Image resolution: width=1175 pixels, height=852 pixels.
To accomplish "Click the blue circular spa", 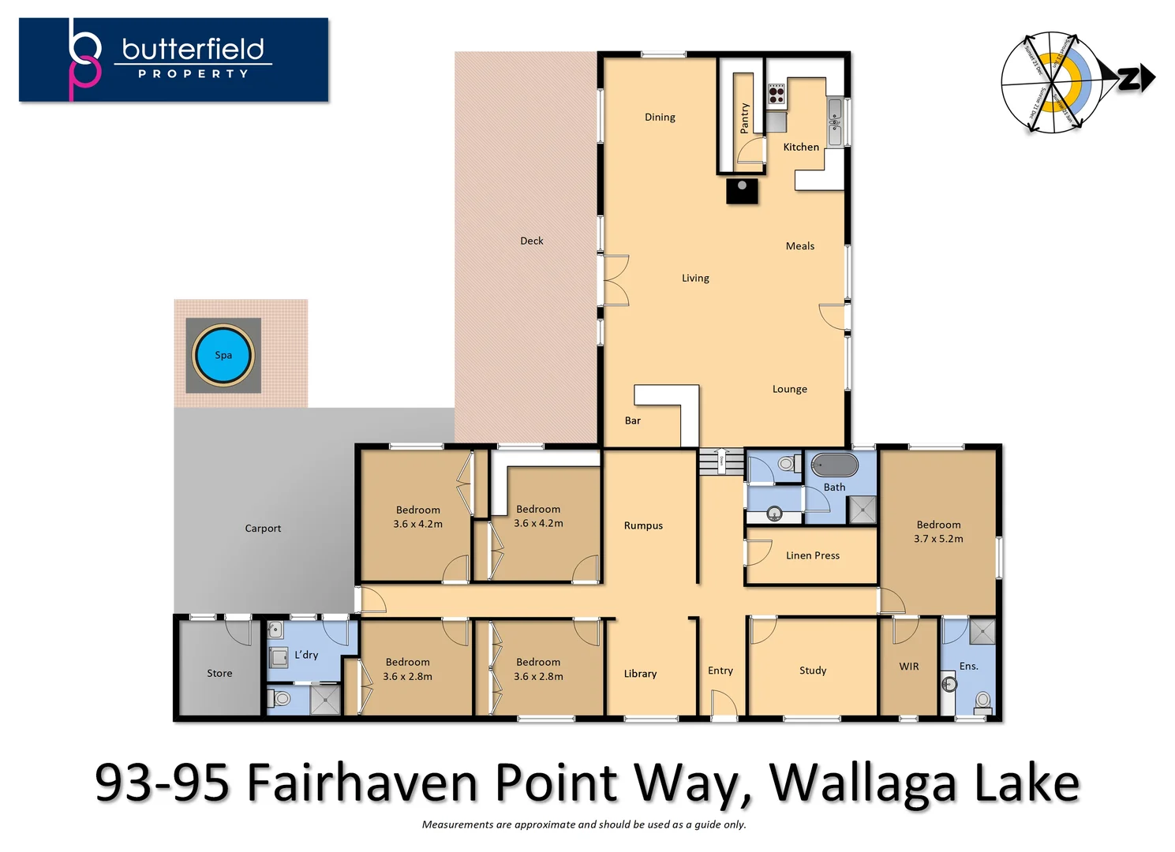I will (x=223, y=355).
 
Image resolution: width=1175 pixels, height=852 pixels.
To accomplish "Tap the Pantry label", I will (x=744, y=118).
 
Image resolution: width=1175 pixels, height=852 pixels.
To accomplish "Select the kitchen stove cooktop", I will (x=776, y=95).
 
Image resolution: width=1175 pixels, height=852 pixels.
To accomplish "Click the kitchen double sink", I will (x=835, y=121).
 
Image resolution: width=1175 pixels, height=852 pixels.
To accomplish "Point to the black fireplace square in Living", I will (x=742, y=191).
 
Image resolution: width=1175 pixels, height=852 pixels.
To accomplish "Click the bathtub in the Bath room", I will (x=834, y=465).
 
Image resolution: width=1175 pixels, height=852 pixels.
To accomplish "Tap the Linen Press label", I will (x=812, y=555).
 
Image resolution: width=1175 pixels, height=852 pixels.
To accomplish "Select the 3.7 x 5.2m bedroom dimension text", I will (x=938, y=539).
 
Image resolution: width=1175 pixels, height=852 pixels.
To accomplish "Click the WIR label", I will (x=908, y=667).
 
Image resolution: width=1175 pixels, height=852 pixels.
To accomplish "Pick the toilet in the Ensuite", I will (x=982, y=700).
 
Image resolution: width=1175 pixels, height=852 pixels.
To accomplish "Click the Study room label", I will (x=812, y=671).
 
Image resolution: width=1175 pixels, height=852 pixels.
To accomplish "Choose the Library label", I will (x=640, y=674).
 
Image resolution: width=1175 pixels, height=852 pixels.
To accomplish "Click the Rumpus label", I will (x=643, y=525).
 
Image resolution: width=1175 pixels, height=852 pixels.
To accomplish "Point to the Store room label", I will (x=219, y=674).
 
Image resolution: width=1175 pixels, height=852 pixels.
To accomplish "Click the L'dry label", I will (x=306, y=655).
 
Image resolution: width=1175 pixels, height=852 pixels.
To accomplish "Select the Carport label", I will (x=263, y=529).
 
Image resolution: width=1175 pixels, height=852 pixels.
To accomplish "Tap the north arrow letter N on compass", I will (x=1130, y=79).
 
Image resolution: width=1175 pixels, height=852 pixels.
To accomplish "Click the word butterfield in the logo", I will (x=193, y=49).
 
